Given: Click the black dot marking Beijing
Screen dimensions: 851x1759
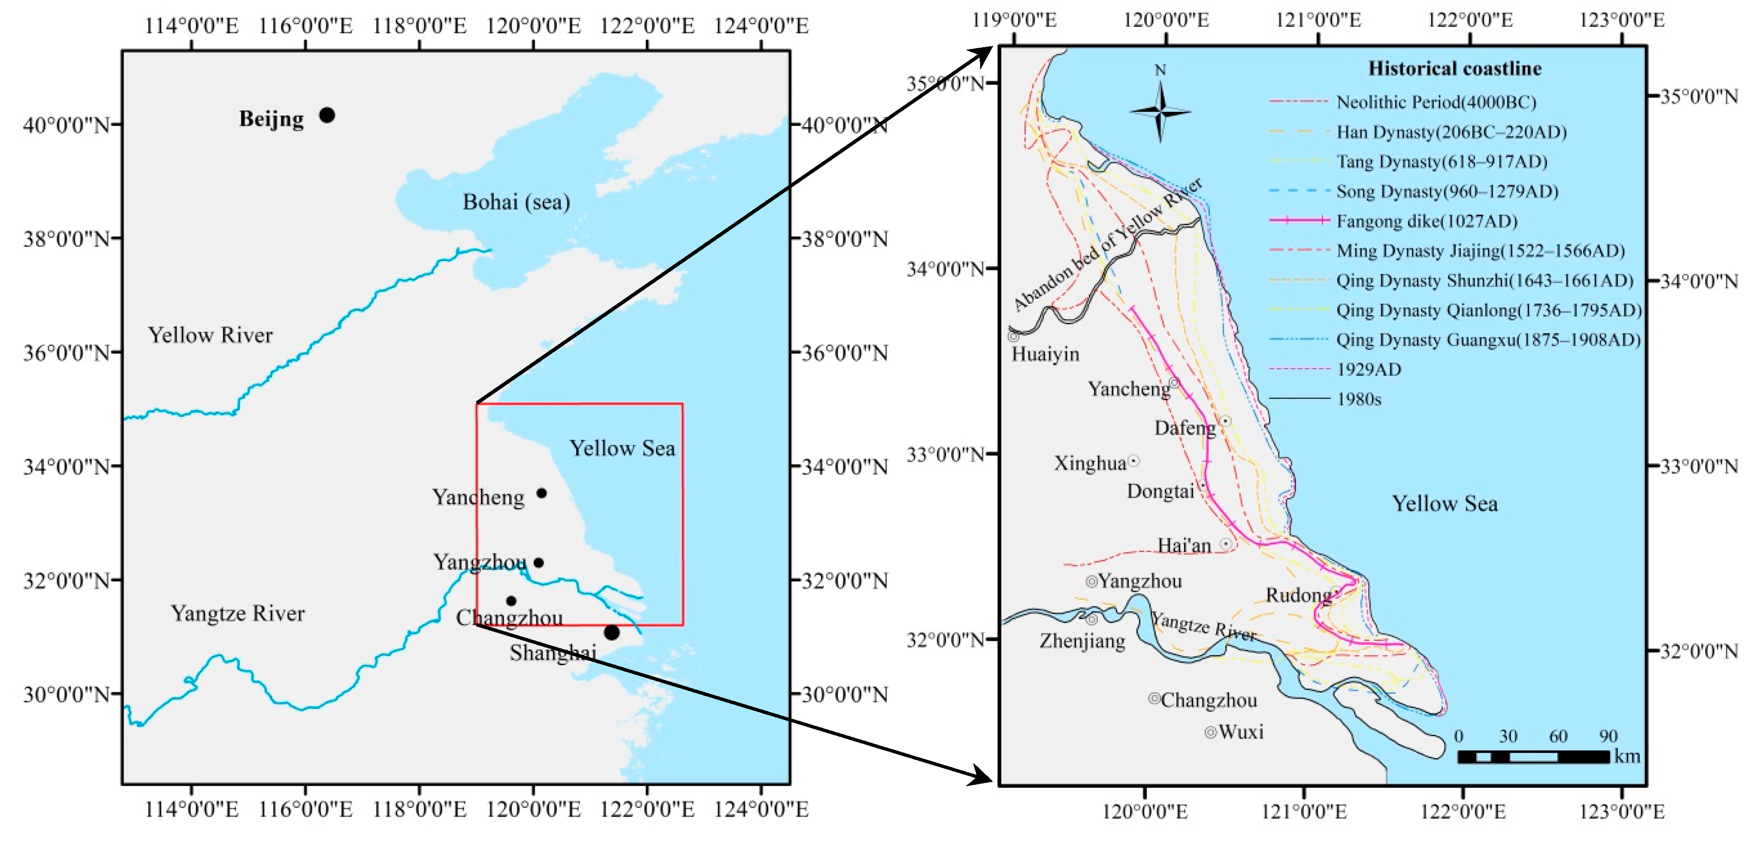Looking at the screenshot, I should pyautogui.click(x=327, y=115).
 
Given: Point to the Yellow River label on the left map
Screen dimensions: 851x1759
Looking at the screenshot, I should pyautogui.click(x=210, y=335).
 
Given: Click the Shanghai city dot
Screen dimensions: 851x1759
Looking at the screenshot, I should pyautogui.click(x=611, y=632).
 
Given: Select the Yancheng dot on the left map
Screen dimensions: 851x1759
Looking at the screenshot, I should pyautogui.click(x=541, y=493).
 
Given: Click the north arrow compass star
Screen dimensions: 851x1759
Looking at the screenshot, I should pyautogui.click(x=1160, y=111).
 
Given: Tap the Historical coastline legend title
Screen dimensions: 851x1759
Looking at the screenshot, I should pyautogui.click(x=1454, y=68).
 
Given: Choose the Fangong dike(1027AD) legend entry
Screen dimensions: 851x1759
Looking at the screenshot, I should pyautogui.click(x=1426, y=221).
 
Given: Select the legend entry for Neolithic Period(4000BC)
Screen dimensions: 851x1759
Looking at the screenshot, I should pyautogui.click(x=1435, y=102).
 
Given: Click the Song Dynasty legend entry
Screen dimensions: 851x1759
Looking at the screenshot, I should pyautogui.click(x=1447, y=191).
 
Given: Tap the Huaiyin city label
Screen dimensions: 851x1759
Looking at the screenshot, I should pyautogui.click(x=1045, y=354).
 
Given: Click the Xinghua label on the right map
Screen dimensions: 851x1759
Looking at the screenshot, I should pyautogui.click(x=1090, y=463).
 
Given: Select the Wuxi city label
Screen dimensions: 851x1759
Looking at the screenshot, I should pyautogui.click(x=1241, y=732).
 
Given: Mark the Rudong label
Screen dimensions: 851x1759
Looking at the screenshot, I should pyautogui.click(x=1298, y=595).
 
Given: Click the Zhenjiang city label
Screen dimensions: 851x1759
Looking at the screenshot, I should pyautogui.click(x=1082, y=641).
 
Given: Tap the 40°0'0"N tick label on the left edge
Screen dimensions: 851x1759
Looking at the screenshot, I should pyautogui.click(x=66, y=125).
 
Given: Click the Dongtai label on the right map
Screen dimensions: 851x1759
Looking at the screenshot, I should pyautogui.click(x=1160, y=491).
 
